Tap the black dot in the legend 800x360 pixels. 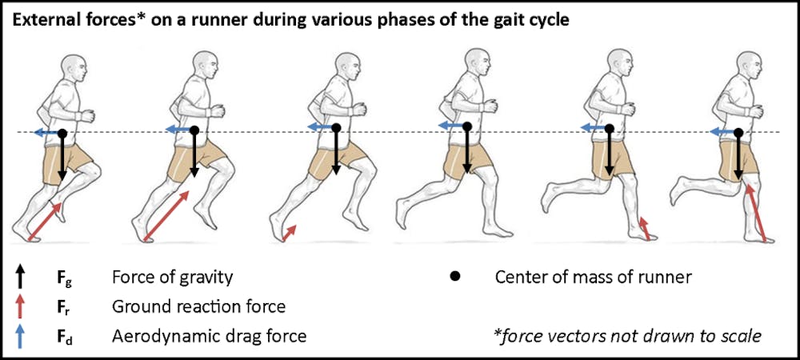[x=455, y=278]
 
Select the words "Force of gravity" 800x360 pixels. [x=172, y=278]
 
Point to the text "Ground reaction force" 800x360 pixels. [x=198, y=307]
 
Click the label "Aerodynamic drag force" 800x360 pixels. [x=209, y=336]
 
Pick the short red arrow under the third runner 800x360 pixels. [x=290, y=232]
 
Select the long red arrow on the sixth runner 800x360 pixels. [x=756, y=211]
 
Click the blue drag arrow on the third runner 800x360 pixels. [x=321, y=127]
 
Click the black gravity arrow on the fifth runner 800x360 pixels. [x=609, y=152]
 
